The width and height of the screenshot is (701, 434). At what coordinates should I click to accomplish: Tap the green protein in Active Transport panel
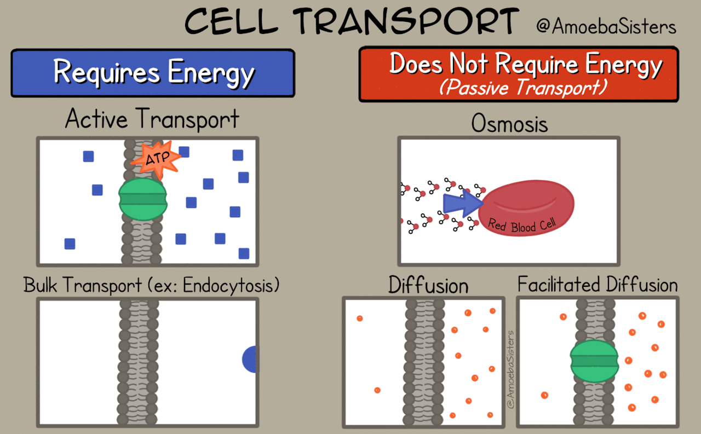(143, 199)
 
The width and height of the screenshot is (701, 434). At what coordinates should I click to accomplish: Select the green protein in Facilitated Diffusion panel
(594, 361)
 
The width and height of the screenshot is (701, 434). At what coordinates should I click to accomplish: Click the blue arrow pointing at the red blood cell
(463, 203)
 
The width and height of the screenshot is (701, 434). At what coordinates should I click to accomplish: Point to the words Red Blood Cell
(522, 225)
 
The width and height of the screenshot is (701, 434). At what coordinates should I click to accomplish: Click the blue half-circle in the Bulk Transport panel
(251, 359)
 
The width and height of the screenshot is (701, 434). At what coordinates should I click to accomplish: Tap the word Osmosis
(509, 123)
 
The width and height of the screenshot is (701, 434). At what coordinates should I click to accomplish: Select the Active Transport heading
(152, 119)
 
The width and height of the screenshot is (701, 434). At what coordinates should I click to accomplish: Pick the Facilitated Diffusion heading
(597, 284)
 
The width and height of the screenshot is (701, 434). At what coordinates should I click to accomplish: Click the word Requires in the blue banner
(106, 72)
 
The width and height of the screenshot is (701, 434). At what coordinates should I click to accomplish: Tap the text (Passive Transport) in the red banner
(523, 87)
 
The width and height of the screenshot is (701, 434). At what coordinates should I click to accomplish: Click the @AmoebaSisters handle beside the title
(606, 26)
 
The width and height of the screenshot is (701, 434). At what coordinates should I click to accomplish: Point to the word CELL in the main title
(231, 21)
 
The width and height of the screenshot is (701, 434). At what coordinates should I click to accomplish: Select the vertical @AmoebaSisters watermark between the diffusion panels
(510, 369)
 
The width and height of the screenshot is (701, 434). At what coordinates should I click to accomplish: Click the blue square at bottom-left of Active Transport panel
(70, 244)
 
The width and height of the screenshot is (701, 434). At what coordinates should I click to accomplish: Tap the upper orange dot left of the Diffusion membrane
(360, 319)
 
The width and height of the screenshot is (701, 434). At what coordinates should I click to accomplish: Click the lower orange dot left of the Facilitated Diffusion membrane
(544, 395)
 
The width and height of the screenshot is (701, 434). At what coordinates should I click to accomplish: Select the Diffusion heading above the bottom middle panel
(428, 285)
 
